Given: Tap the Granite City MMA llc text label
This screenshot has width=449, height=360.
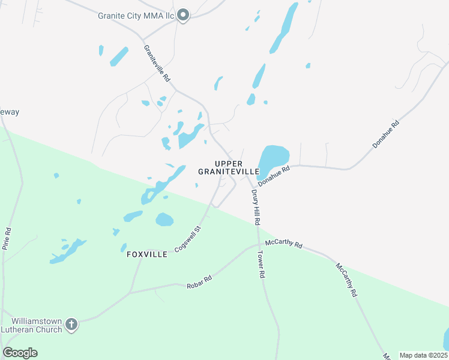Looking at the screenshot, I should coord(137,16).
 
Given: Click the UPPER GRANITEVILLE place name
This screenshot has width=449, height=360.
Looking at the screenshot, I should coord(228,167).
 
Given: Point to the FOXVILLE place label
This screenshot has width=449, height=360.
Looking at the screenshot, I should coord(147,254).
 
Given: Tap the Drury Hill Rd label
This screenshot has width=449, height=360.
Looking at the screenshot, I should coord(256,207).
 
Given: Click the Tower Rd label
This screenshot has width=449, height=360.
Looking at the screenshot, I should coord(262,265).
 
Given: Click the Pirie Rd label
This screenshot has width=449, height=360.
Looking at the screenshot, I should coord(7,238).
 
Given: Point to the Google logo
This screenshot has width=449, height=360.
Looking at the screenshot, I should coord(20,353).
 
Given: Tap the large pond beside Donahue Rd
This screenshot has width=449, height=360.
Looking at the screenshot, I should coord(273,158).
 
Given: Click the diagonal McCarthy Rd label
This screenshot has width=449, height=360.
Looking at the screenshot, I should coord(346,280).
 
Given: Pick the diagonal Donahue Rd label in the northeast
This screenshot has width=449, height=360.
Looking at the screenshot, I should coord(385,135).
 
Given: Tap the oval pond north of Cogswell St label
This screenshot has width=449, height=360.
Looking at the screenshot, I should coord(164,220).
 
